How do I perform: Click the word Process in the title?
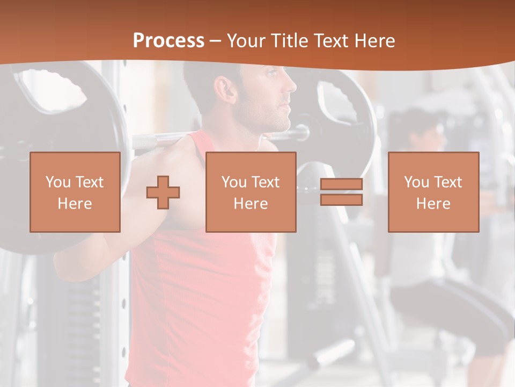168,40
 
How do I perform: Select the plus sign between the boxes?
163,192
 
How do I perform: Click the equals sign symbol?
341,192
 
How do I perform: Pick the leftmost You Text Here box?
75,192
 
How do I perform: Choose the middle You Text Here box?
251,192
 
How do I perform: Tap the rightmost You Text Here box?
433,192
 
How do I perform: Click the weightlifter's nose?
292,85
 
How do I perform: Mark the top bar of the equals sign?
341,184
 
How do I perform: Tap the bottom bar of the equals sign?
341,200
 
